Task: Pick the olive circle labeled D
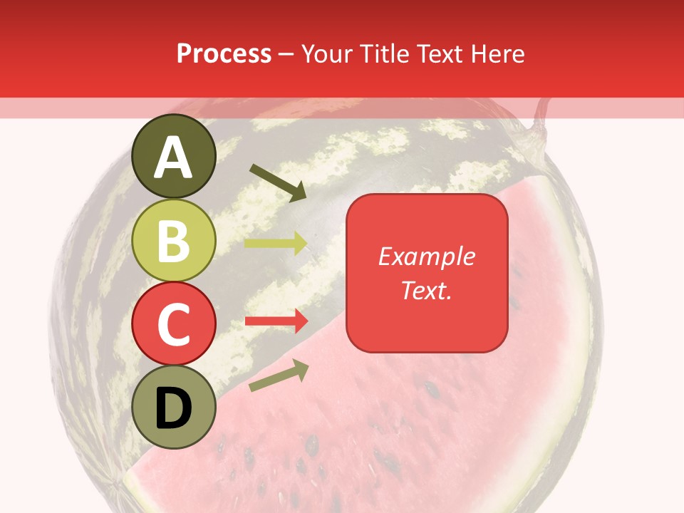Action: [174, 407]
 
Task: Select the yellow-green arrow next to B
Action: [276, 243]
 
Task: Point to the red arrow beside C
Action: [276, 321]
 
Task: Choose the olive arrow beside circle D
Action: [279, 375]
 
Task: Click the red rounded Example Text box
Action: [427, 273]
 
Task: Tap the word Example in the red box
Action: [427, 256]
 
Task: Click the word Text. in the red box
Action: [427, 290]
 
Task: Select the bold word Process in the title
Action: [224, 54]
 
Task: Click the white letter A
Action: [174, 157]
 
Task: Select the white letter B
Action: [174, 241]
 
